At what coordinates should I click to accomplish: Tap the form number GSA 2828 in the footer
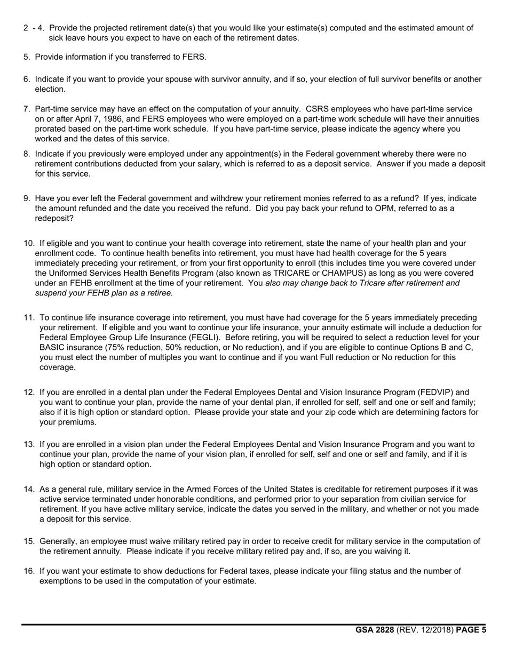[x=375, y=630]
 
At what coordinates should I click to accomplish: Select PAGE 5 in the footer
[x=471, y=630]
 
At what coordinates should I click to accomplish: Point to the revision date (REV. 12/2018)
[x=425, y=630]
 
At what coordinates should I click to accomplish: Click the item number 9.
[x=26, y=198]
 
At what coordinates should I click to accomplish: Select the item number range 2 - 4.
[x=33, y=28]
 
